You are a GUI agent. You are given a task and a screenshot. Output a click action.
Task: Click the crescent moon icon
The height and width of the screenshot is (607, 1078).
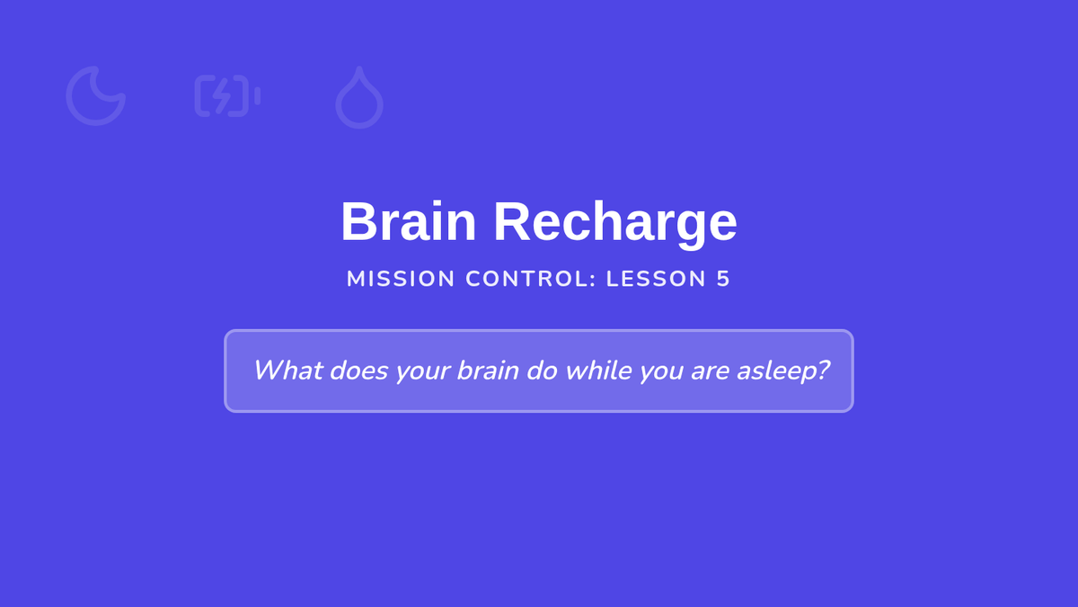coord(77,112)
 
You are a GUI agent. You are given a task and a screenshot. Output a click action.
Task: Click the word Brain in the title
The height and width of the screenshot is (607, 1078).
coord(408,221)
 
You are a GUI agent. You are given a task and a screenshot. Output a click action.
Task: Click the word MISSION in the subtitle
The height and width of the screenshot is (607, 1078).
coord(401,279)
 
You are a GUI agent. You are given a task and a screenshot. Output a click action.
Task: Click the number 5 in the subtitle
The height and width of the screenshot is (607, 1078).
coord(723,279)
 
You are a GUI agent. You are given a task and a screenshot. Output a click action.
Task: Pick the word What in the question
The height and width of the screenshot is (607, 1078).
coord(287,370)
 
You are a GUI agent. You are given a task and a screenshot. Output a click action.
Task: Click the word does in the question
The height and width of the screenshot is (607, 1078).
coord(358,370)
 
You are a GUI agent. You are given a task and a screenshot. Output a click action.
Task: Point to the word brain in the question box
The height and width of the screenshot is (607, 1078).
coord(488,370)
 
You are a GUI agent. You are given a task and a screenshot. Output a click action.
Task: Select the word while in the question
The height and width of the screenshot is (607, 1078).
coord(598,370)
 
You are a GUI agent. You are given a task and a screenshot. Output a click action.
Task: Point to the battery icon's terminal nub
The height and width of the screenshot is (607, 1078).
coord(258,96)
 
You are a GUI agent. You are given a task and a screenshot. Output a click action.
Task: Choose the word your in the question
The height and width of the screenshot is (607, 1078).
coord(422,373)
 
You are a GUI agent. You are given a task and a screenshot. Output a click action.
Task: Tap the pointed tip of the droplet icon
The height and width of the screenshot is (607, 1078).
coord(359,67)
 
